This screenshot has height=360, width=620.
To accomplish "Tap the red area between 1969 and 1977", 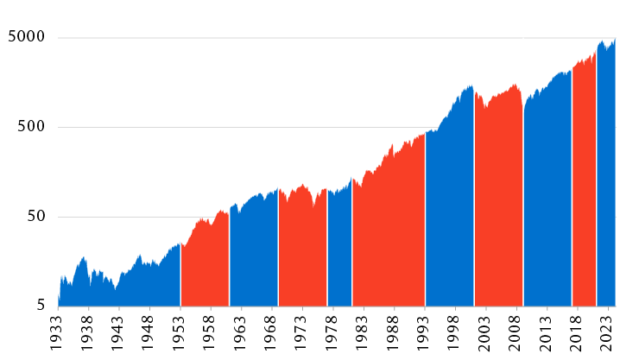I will pyautogui.click(x=302, y=250).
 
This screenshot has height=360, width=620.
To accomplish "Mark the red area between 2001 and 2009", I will pyautogui.click(x=498, y=199).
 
